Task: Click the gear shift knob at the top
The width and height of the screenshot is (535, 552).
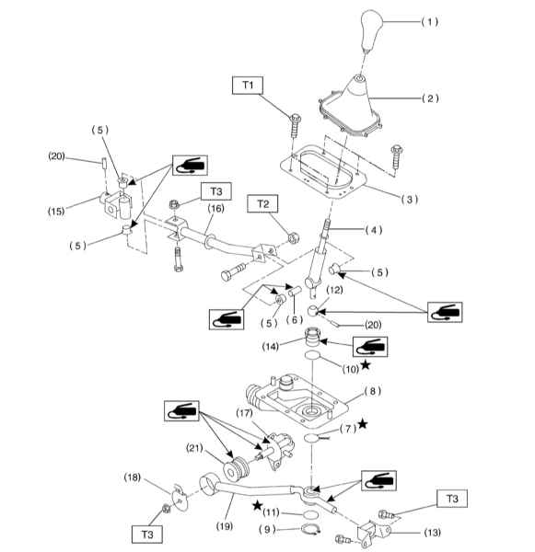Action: click(371, 30)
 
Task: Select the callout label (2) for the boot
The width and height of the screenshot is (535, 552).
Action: click(430, 98)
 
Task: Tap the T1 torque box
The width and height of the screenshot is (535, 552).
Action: click(248, 86)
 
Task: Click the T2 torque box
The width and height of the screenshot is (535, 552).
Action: click(262, 204)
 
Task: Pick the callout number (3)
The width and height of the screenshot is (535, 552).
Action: click(410, 200)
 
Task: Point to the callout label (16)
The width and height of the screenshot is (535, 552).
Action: click(215, 209)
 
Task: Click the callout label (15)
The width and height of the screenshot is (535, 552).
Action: click(56, 212)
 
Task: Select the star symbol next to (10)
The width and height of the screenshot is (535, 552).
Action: click(366, 364)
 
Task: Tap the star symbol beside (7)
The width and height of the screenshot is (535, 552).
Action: click(363, 424)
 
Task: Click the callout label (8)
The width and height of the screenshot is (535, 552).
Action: click(373, 391)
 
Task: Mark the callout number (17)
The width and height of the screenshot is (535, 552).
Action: click(244, 412)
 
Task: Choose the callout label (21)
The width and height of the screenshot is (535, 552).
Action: click(194, 448)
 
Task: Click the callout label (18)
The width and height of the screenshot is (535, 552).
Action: click(133, 477)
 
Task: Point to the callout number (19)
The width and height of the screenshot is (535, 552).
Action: click(225, 526)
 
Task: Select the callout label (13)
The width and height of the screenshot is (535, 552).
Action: click(433, 533)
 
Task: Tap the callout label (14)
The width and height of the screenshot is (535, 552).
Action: click(271, 347)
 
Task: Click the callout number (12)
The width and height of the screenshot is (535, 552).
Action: click(334, 290)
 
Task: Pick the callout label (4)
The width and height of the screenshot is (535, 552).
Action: click(374, 230)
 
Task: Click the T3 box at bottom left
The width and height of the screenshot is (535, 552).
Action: click(147, 535)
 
